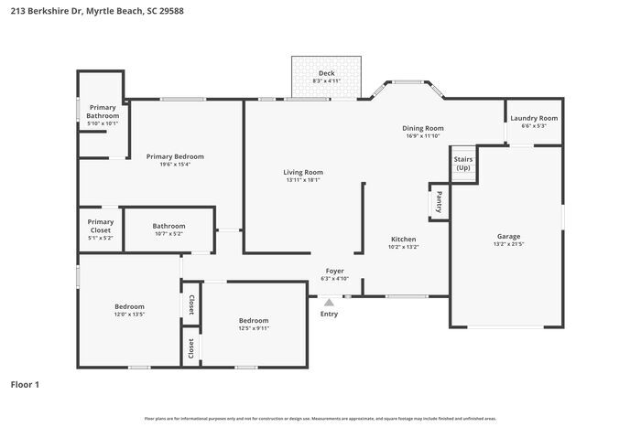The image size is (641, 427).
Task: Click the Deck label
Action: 326,73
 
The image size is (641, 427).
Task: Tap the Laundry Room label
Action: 534,118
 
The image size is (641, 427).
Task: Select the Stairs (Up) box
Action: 463,164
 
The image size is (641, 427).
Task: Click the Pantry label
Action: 439,200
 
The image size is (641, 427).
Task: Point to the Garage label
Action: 508,236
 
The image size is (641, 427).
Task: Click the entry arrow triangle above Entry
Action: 329,300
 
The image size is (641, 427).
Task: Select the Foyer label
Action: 335,272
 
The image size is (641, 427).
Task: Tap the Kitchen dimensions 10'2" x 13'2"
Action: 403,247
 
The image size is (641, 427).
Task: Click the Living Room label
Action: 302,172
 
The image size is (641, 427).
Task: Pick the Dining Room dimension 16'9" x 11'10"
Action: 424,136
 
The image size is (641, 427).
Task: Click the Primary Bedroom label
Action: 175,156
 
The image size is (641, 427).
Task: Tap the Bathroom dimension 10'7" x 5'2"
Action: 168,233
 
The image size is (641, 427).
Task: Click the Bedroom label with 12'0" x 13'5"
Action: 129,306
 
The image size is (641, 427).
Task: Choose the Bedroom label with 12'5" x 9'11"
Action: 254,320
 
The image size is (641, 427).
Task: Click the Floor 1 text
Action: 25,385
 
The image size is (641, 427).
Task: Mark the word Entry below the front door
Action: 329,315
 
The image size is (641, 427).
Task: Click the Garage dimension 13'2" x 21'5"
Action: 508,244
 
